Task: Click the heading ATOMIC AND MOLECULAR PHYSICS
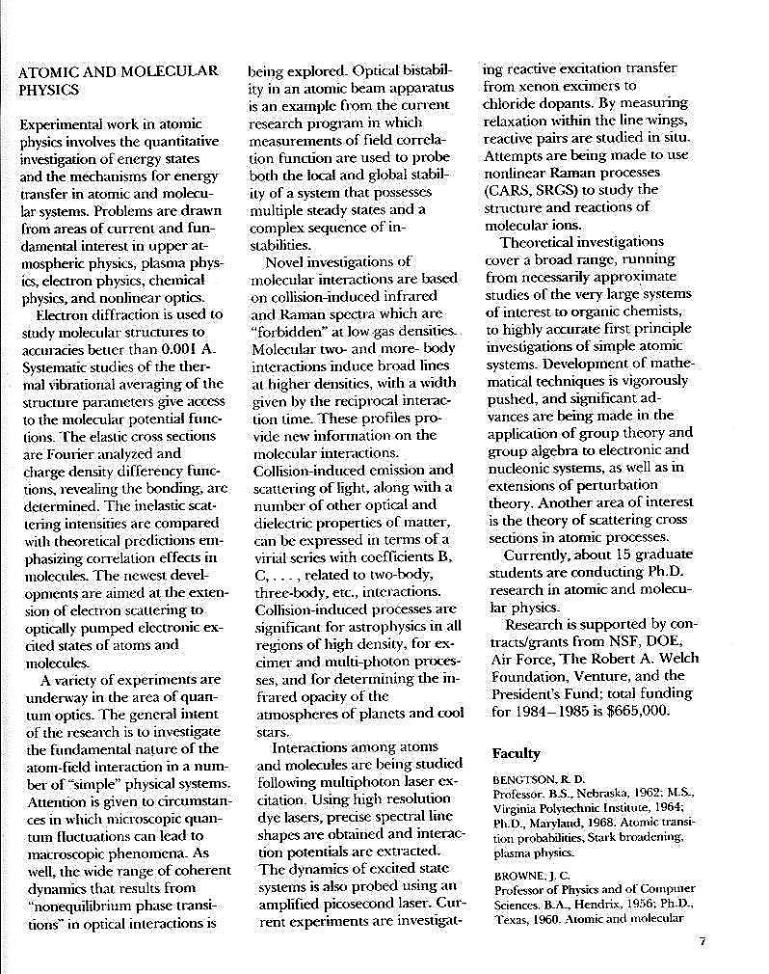[119, 80]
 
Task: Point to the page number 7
[703, 942]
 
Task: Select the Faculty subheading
[516, 753]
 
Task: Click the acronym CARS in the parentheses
[511, 189]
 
